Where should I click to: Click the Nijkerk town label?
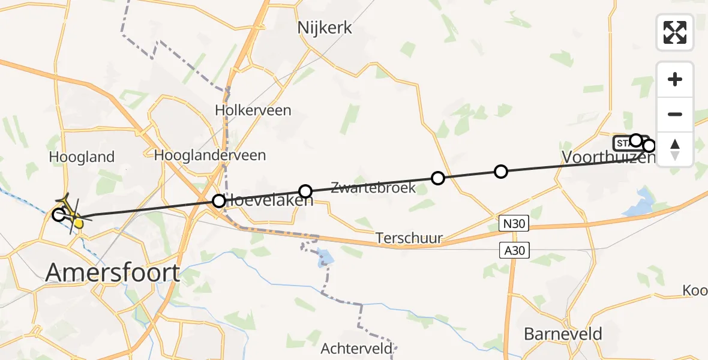coord(325,28)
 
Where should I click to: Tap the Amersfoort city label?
coord(113,273)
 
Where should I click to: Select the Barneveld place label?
coord(563,334)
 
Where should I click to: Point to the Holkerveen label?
coord(253,110)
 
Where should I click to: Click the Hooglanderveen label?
coord(210,155)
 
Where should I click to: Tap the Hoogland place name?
coord(82,158)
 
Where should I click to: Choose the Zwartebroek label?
coord(373,188)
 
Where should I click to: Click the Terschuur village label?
coord(409,238)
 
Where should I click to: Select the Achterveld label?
coord(357,348)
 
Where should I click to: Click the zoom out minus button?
coord(675,115)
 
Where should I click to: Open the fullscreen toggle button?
coord(675,32)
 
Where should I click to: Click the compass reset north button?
coord(675,149)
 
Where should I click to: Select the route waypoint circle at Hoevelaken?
coord(219,201)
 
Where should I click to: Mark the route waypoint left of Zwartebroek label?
coord(305,191)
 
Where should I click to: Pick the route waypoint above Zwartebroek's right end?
coord(438,178)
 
